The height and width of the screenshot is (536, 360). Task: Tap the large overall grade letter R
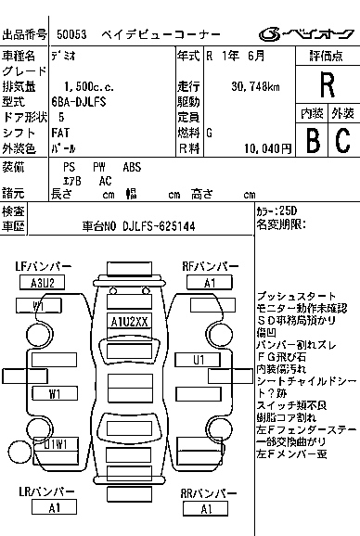[327, 85]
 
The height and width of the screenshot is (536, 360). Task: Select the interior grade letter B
[312, 140]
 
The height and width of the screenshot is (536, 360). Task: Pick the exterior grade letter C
[341, 140]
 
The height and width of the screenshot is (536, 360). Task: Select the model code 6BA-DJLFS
[84, 102]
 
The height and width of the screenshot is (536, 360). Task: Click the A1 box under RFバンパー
[210, 282]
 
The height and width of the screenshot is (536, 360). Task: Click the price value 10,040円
[268, 147]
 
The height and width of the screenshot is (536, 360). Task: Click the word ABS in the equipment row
[133, 167]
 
